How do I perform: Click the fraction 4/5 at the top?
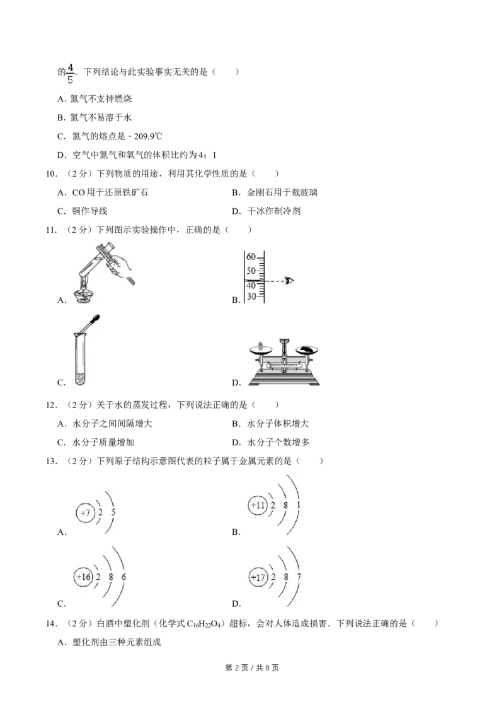coord(70,74)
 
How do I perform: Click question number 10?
coord(52,173)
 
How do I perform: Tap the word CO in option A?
coord(78,192)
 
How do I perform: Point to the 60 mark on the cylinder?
coord(251,257)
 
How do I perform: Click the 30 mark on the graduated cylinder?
coord(251,296)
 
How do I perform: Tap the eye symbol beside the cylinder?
coord(289,281)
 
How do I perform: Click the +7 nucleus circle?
coord(85,513)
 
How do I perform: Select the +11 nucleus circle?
coord(258,505)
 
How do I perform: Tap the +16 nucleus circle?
coord(83,577)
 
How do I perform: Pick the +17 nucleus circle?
coord(258,577)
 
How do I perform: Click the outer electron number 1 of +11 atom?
coord(299,505)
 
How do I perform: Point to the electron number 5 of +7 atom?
coord(113,512)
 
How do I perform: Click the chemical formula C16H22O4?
coord(203,624)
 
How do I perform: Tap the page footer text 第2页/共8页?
coord(252,667)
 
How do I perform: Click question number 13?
coord(52,461)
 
